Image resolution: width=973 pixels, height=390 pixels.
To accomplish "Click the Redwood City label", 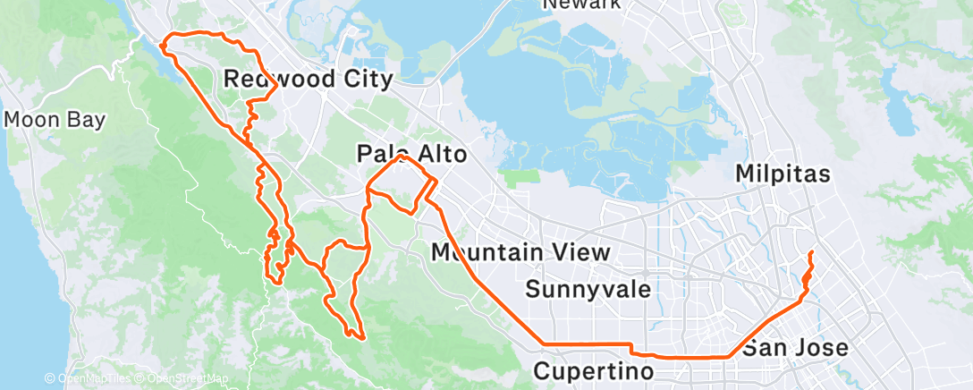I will [x=308, y=80].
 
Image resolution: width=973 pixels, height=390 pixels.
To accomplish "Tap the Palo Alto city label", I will [x=411, y=155].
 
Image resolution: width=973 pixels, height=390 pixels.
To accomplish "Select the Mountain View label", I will [x=520, y=253].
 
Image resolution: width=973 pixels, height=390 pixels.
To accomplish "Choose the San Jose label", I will [x=796, y=347].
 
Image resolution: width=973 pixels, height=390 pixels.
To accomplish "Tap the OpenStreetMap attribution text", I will [x=182, y=379].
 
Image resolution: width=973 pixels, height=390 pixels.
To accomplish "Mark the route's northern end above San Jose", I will [x=810, y=254].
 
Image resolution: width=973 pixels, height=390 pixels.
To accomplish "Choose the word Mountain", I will [x=490, y=253].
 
